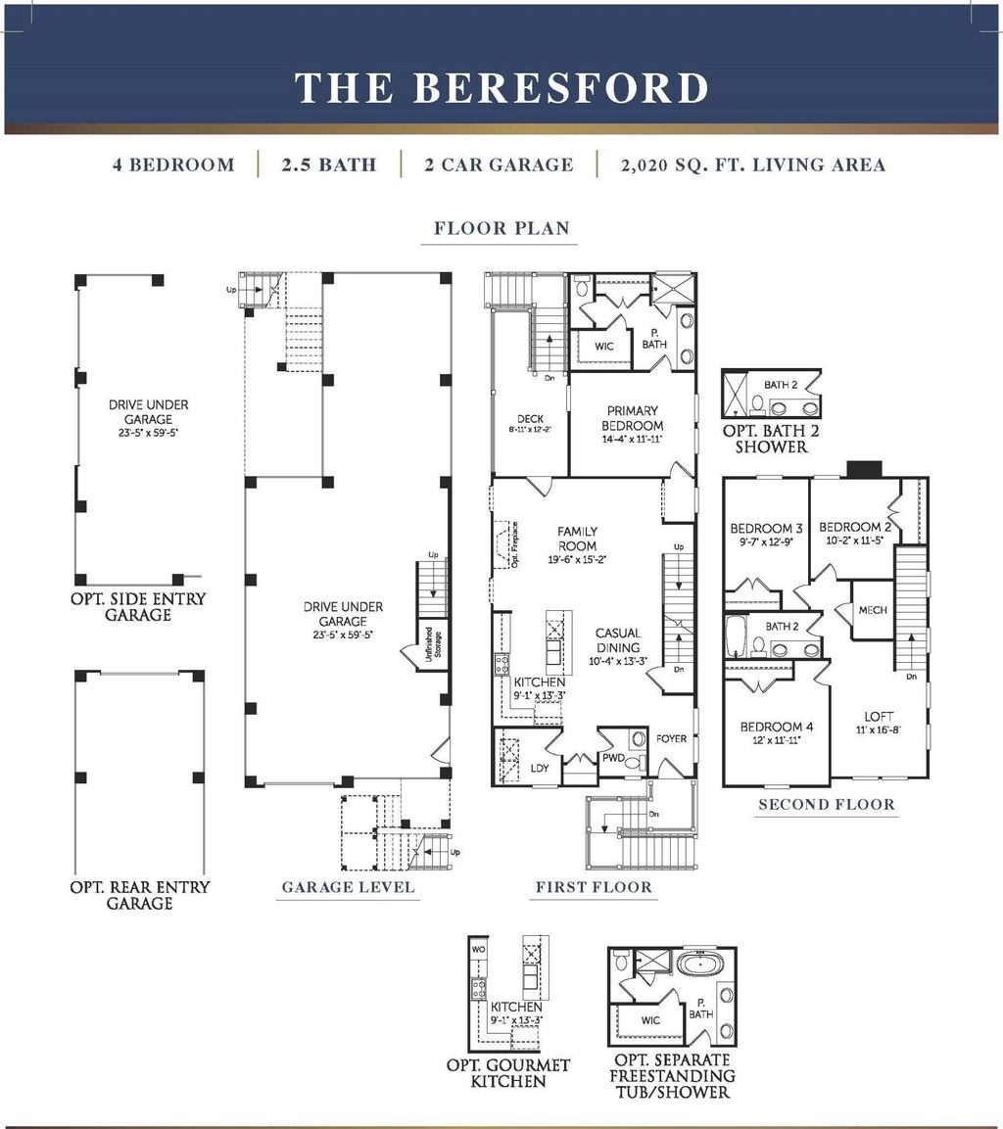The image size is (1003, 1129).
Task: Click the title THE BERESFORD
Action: click(x=501, y=87)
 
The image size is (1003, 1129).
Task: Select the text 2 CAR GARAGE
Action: click(x=499, y=165)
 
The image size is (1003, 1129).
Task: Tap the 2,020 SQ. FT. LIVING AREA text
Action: click(x=752, y=165)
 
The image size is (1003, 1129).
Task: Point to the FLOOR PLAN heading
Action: click(x=501, y=229)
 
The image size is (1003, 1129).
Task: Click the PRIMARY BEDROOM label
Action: click(x=633, y=418)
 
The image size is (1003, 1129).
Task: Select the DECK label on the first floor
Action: click(x=530, y=419)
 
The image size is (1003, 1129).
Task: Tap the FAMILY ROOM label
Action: click(x=577, y=539)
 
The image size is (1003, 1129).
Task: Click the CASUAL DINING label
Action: click(x=618, y=640)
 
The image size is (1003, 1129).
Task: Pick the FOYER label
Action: click(x=672, y=738)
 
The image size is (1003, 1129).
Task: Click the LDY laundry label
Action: click(x=540, y=768)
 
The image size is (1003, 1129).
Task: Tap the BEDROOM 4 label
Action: click(x=771, y=727)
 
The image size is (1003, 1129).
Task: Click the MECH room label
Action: click(x=872, y=610)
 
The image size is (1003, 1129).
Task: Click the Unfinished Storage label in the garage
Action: click(x=432, y=647)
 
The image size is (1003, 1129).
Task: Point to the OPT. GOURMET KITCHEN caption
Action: click(x=507, y=1072)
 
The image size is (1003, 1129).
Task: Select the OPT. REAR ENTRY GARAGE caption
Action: click(x=139, y=895)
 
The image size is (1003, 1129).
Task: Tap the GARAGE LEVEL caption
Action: click(x=348, y=887)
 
